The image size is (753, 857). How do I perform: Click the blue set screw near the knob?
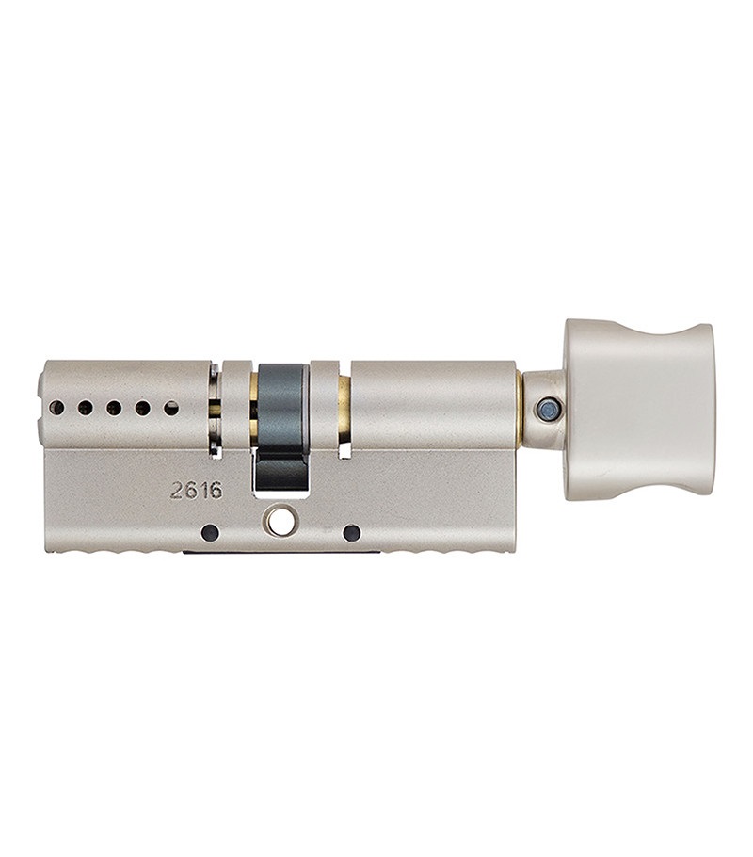(550, 410)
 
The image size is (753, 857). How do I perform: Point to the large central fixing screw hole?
(280, 520)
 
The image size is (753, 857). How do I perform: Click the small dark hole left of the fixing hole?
(210, 533)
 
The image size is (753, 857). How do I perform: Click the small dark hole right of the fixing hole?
(352, 533)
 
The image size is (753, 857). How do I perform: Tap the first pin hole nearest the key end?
(57, 409)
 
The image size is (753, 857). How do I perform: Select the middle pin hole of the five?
(114, 409)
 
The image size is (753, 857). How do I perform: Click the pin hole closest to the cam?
(170, 409)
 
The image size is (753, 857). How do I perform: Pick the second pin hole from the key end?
(86, 409)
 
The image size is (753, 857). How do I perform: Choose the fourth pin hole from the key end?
(142, 409)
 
